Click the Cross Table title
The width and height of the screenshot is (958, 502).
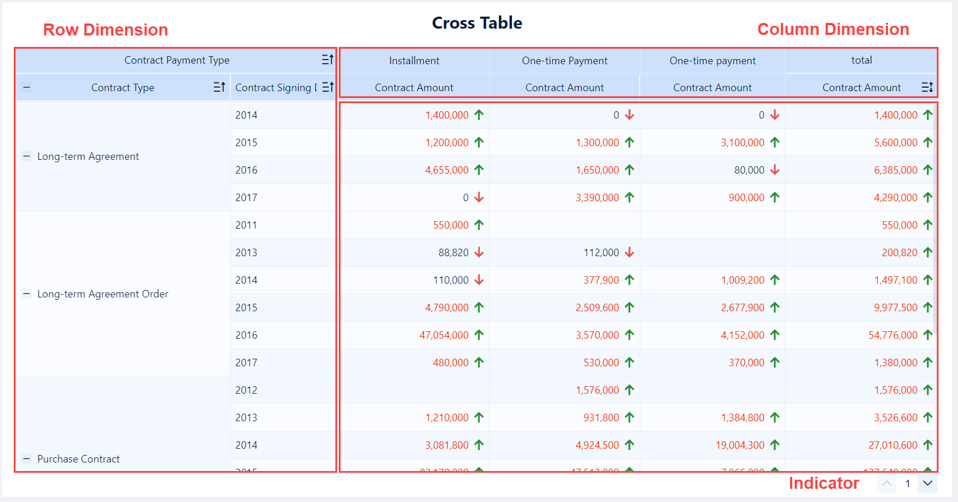[476, 23]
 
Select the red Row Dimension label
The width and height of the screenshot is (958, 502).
[105, 30]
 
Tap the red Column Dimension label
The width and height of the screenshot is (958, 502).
[833, 29]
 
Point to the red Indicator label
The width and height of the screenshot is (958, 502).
[823, 483]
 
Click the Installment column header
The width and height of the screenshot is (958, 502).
[414, 61]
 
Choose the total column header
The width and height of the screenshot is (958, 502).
[861, 60]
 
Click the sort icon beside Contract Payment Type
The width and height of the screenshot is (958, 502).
[327, 60]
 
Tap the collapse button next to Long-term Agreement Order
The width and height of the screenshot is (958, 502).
[26, 293]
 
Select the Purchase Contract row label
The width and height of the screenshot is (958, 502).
[79, 459]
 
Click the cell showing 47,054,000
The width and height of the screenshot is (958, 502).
[444, 335]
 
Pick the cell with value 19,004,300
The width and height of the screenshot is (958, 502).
[740, 445]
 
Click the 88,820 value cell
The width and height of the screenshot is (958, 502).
[453, 253]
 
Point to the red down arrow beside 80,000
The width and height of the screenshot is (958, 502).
[775, 170]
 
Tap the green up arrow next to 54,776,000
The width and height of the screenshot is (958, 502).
[928, 335]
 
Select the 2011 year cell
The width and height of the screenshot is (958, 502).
[246, 225]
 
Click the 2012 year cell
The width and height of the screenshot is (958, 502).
[246, 390]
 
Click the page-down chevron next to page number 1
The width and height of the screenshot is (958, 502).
[927, 483]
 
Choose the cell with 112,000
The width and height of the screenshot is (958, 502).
[601, 253]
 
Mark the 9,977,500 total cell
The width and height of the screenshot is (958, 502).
[896, 308]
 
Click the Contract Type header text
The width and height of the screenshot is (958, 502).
[123, 88]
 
